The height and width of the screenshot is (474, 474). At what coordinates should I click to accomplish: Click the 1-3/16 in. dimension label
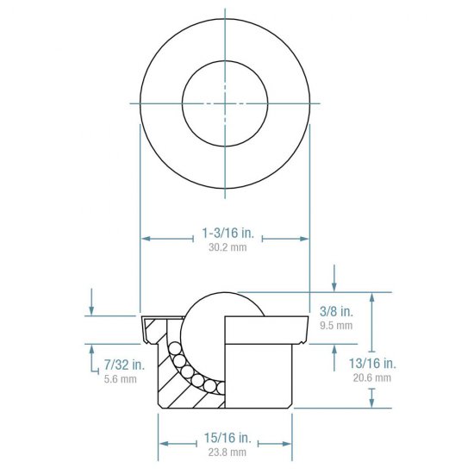pyautogui.click(x=225, y=233)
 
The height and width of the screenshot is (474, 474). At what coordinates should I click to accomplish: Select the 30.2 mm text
pyautogui.click(x=225, y=246)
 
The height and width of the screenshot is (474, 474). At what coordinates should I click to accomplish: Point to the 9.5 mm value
pyautogui.click(x=336, y=326)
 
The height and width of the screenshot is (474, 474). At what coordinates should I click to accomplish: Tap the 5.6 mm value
pyautogui.click(x=121, y=379)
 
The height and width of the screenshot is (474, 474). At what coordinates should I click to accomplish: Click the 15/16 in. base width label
pyautogui.click(x=225, y=438)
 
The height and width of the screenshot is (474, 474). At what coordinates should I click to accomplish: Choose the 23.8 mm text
pyautogui.click(x=225, y=452)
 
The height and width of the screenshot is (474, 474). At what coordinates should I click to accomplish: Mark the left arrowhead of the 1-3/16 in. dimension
pyautogui.click(x=145, y=238)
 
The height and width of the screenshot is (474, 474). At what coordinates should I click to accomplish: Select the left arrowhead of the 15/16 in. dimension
pyautogui.click(x=162, y=443)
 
